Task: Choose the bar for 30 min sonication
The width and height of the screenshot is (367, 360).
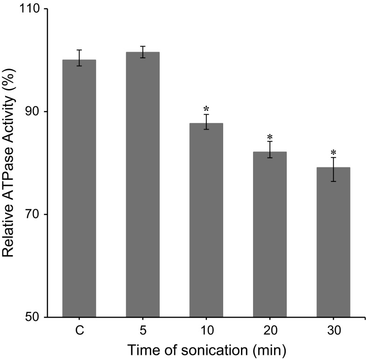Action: click(x=333, y=242)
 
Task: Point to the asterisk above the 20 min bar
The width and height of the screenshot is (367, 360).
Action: click(x=269, y=137)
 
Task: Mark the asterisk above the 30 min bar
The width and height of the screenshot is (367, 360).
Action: click(x=333, y=153)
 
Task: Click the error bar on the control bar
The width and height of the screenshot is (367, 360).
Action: click(x=79, y=58)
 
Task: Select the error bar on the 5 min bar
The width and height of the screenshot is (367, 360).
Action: click(x=142, y=52)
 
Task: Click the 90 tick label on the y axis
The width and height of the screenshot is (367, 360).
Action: click(x=34, y=112)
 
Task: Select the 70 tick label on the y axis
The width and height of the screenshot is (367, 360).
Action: click(x=34, y=215)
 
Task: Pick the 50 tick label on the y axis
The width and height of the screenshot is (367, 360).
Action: click(x=34, y=317)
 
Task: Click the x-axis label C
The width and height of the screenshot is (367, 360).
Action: click(x=79, y=331)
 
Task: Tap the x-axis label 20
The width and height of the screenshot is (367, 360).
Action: click(x=269, y=331)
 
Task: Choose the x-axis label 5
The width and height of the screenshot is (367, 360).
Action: click(x=142, y=331)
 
